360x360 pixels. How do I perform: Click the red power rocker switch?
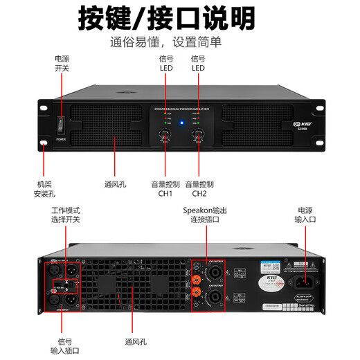tap(61, 125)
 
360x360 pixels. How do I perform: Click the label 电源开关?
tap(62, 64)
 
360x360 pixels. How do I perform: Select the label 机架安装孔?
tap(44, 189)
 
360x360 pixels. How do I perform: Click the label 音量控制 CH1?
tap(165, 189)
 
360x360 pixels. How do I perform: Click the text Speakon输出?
tap(205, 210)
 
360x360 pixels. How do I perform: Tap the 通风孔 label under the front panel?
tap(114, 185)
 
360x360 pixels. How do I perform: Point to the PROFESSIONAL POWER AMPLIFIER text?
tap(182, 109)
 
